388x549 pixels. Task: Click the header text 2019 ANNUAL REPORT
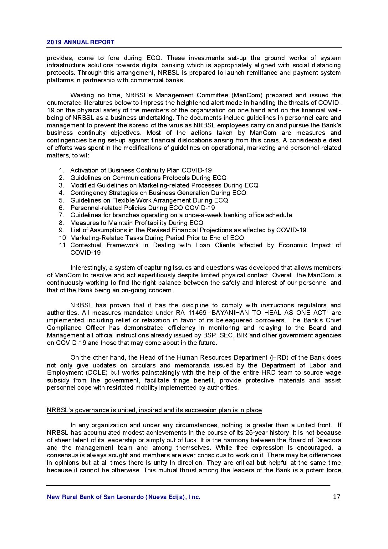pyautogui.click(x=80, y=42)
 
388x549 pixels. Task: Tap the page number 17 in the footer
pyautogui.click(x=337, y=497)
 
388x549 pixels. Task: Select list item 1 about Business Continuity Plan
pyautogui.click(x=141, y=170)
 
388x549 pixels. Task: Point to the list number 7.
pyautogui.click(x=61, y=215)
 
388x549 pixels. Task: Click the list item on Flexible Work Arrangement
pyautogui.click(x=149, y=200)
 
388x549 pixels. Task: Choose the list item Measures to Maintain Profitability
pyautogui.click(x=137, y=223)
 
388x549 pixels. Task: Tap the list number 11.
pyautogui.click(x=63, y=245)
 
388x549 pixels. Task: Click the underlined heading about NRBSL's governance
pyautogui.click(x=154, y=410)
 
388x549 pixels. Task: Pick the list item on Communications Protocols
pyautogui.click(x=148, y=178)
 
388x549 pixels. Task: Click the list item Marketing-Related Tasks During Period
pyautogui.click(x=157, y=238)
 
